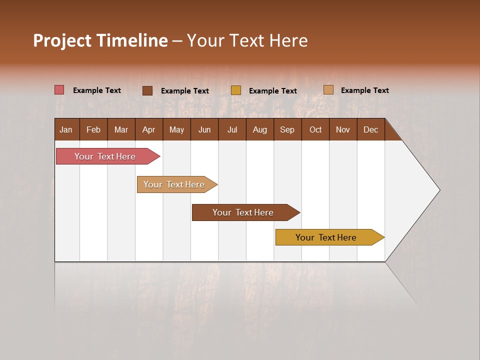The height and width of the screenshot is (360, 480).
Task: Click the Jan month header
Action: click(x=66, y=129)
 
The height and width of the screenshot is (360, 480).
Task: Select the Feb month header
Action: click(x=93, y=129)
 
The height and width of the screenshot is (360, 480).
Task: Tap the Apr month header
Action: click(x=148, y=129)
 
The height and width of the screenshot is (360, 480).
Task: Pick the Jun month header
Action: click(x=204, y=129)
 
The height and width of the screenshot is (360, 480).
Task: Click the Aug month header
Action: click(x=259, y=129)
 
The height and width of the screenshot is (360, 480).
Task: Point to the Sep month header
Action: click(x=287, y=129)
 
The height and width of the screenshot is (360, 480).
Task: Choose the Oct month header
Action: click(x=315, y=129)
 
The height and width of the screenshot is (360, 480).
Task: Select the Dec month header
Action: click(x=370, y=129)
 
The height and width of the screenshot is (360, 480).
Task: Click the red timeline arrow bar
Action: click(x=105, y=156)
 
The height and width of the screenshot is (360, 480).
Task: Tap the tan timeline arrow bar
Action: click(x=174, y=184)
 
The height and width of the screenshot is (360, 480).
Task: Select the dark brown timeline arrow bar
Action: click(x=243, y=212)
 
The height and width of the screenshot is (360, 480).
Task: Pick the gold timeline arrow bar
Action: click(x=326, y=237)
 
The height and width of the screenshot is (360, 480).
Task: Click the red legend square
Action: click(x=59, y=90)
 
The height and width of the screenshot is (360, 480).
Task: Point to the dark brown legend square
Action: click(x=147, y=90)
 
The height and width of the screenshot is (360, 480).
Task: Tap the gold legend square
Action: click(x=236, y=90)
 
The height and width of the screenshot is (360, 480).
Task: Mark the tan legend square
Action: click(x=328, y=90)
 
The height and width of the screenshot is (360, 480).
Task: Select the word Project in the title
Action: click(x=62, y=40)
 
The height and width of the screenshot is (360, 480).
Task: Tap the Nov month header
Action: click(x=342, y=129)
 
